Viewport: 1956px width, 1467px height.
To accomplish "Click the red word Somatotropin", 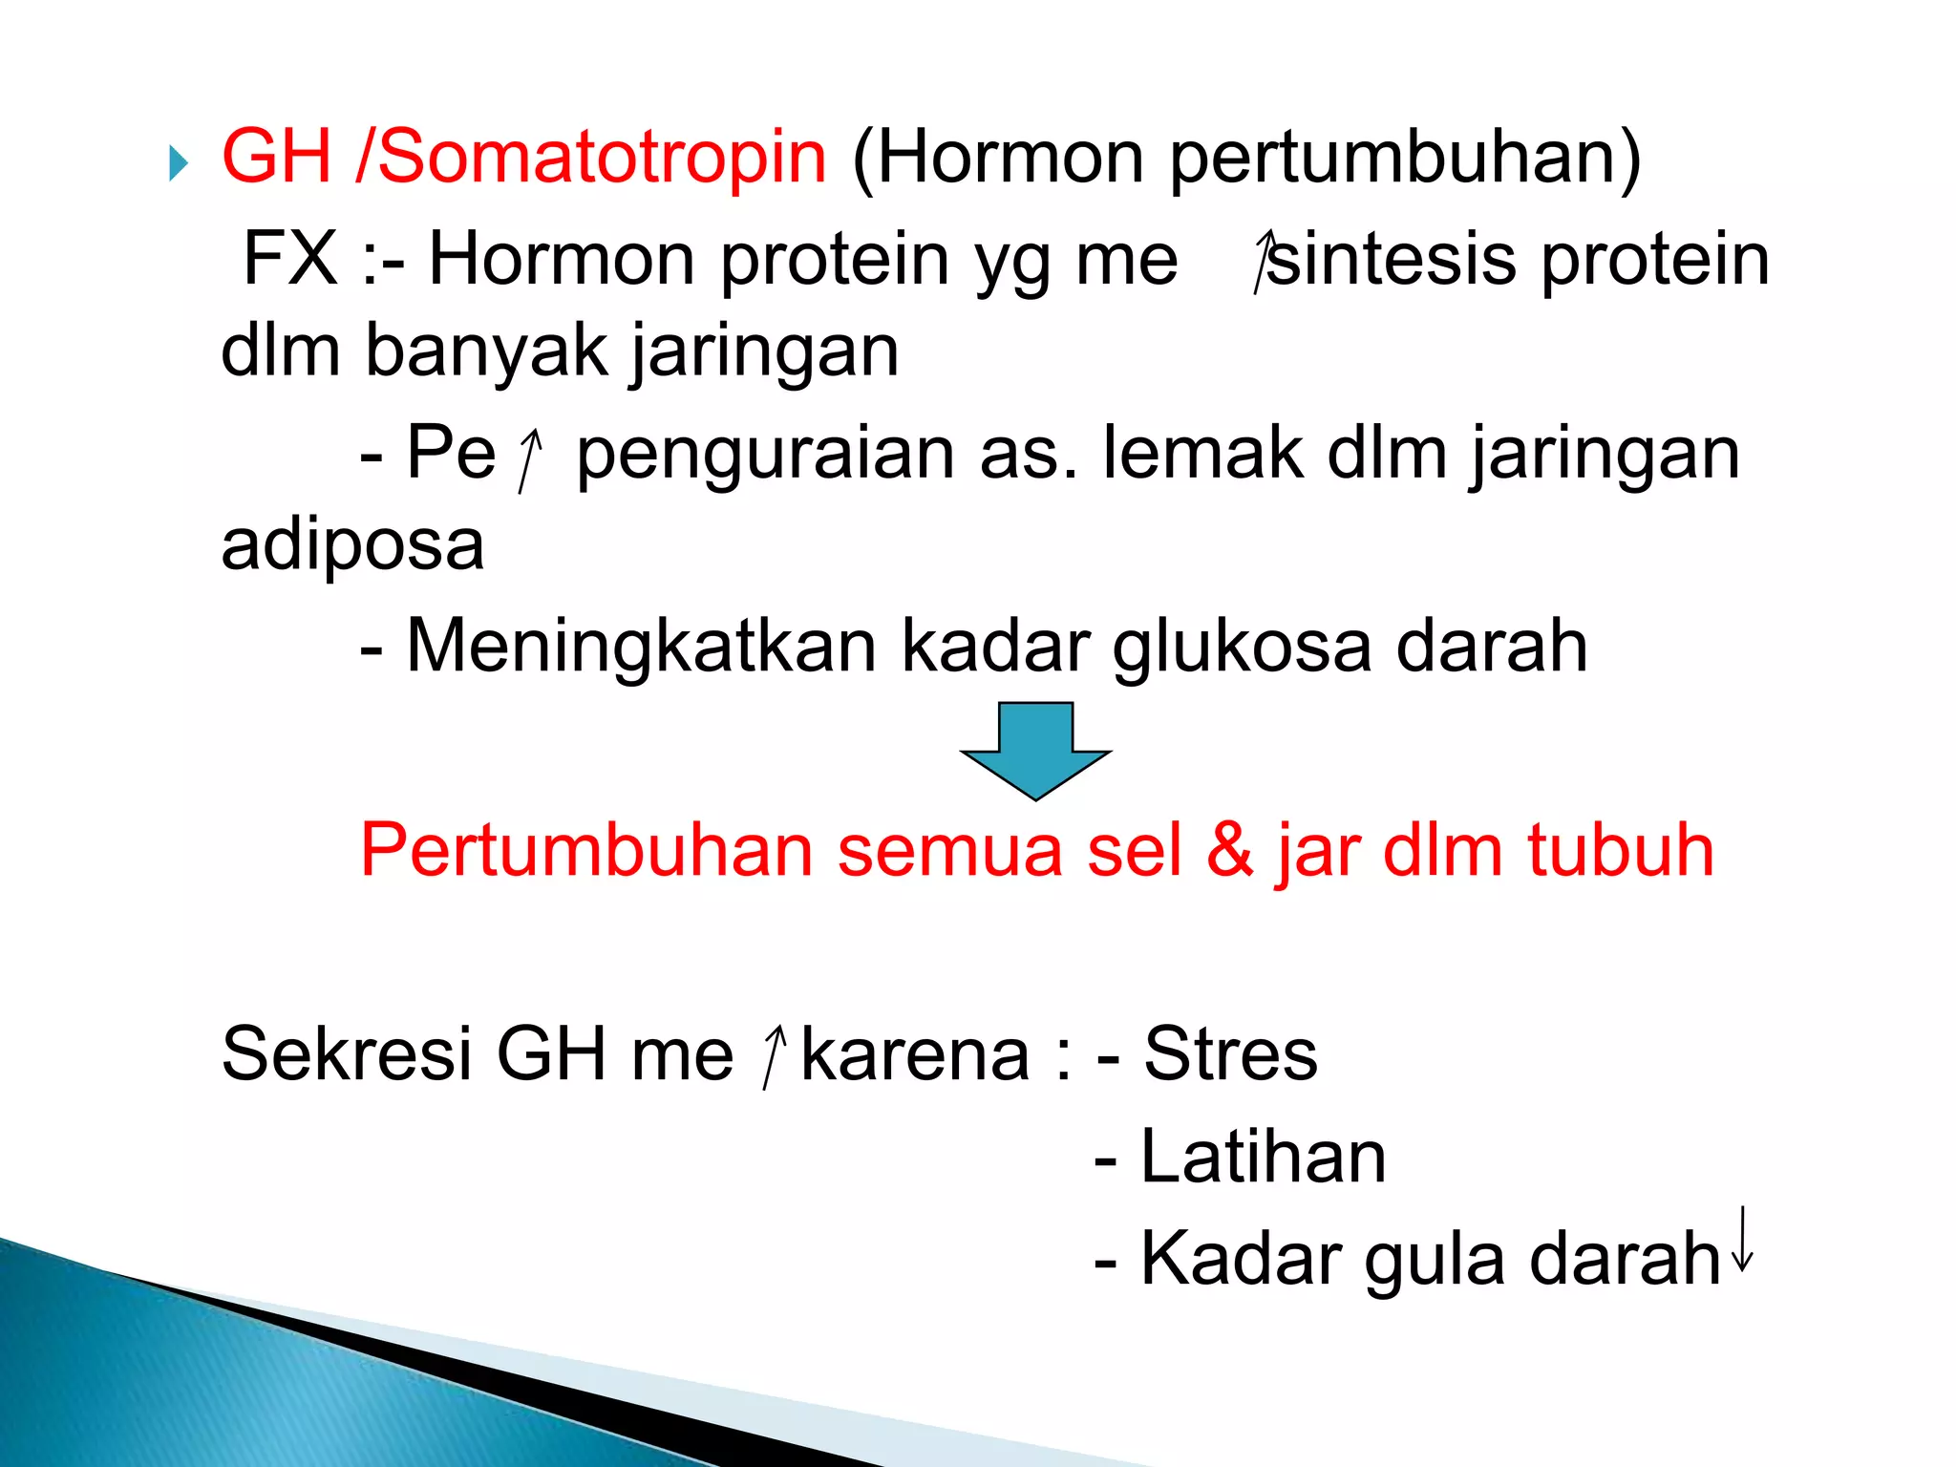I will click(602, 158).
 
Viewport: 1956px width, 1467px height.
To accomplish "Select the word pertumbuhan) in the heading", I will click(1405, 159).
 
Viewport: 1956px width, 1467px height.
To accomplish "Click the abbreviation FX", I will click(290, 259).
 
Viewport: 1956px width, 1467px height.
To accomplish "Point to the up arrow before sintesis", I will click(1265, 260).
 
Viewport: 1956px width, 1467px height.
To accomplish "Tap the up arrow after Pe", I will click(529, 458).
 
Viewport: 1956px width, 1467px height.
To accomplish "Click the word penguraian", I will click(764, 455).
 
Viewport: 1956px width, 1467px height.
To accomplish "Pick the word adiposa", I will click(352, 545).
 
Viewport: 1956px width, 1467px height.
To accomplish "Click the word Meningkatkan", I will click(641, 648).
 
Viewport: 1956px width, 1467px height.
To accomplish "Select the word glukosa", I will click(1242, 648).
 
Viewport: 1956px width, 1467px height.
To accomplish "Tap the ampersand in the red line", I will click(1229, 849).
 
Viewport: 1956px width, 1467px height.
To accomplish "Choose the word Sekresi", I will click(347, 1053).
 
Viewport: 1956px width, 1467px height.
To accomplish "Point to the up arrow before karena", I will click(775, 1056).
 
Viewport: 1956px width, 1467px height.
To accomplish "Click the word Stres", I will click(1230, 1053).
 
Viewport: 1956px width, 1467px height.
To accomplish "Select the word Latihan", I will click(1263, 1157).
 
